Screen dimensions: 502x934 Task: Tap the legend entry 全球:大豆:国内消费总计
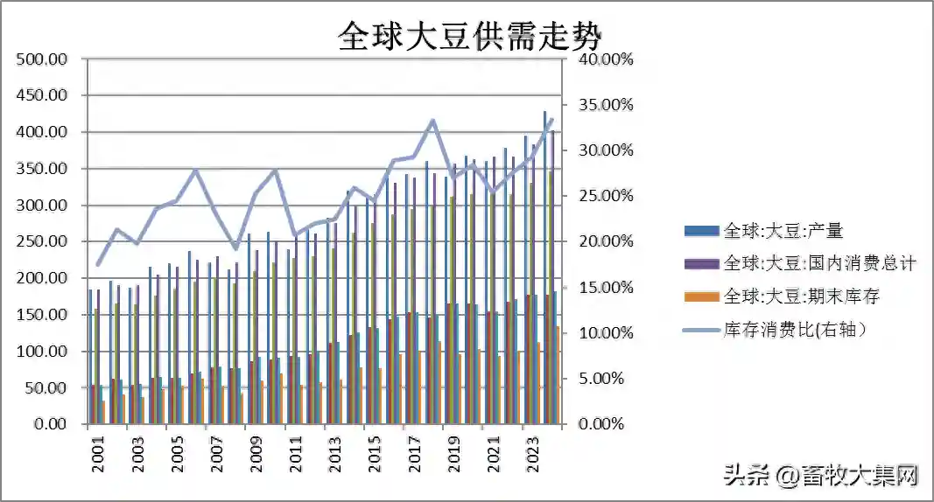pyautogui.click(x=819, y=263)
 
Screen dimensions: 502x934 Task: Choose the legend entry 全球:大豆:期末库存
pyautogui.click(x=801, y=296)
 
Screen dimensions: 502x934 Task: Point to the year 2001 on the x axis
pyautogui.click(x=98, y=455)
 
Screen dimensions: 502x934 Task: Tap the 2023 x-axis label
pyautogui.click(x=531, y=455)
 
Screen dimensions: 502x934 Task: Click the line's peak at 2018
pyautogui.click(x=432, y=121)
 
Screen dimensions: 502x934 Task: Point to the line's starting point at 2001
pyautogui.click(x=98, y=264)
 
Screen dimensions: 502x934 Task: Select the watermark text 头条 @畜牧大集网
pyautogui.click(x=821, y=476)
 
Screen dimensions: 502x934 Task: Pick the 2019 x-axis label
pyautogui.click(x=453, y=455)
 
